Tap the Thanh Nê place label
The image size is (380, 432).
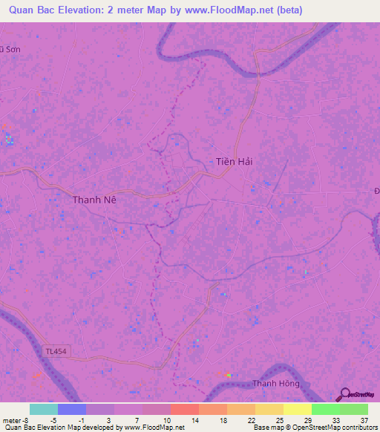click(x=94, y=200)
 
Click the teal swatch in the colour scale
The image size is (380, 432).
click(x=44, y=409)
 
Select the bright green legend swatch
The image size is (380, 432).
click(x=326, y=409)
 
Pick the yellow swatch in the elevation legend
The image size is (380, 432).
click(x=298, y=409)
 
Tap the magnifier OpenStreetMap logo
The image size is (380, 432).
click(x=344, y=396)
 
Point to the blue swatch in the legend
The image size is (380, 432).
click(x=72, y=409)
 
